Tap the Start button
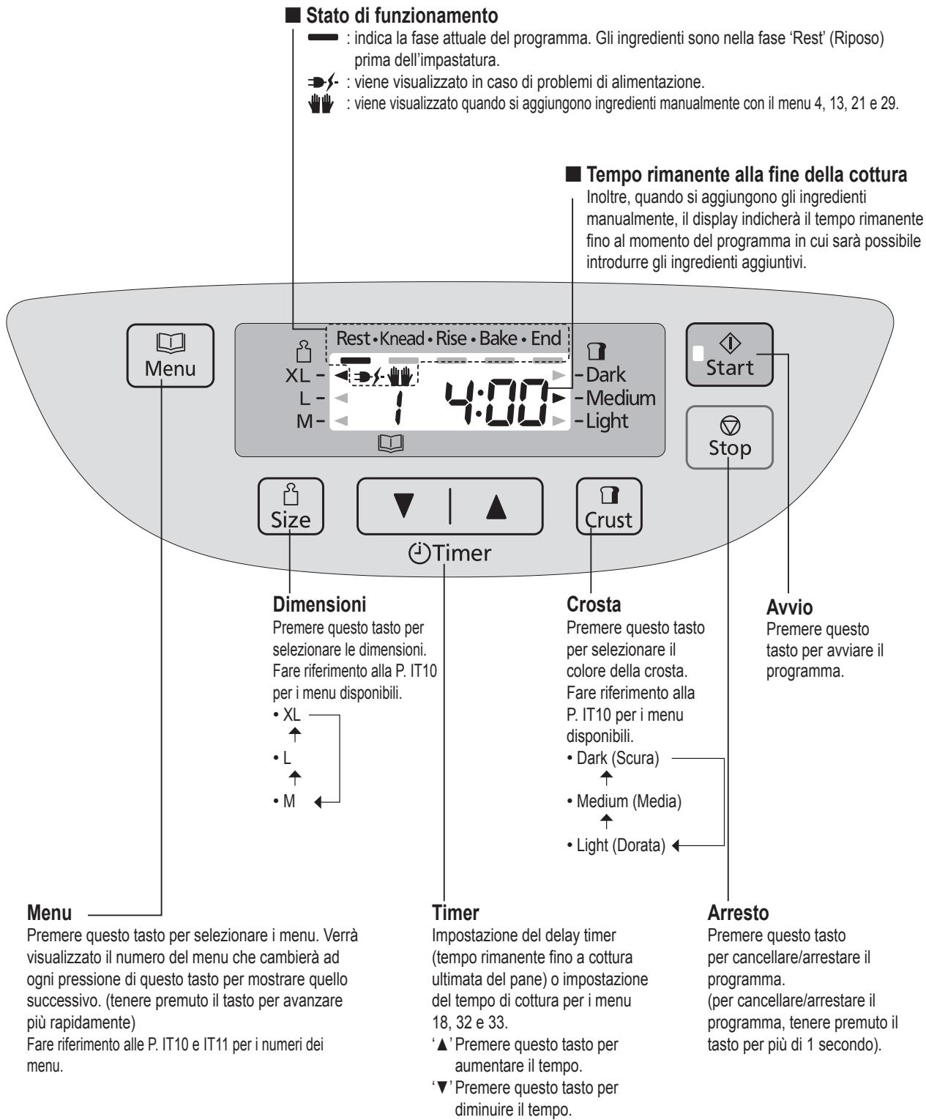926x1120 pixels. point(728,355)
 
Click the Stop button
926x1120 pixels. point(729,437)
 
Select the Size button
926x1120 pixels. point(291,506)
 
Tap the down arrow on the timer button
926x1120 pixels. point(403,506)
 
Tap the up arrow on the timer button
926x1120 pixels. point(496,506)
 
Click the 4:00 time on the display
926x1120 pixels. point(497,402)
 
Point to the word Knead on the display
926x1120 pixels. point(402,338)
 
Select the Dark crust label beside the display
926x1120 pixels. point(606,374)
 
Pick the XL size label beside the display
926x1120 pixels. point(298,376)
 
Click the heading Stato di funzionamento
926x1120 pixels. point(402,15)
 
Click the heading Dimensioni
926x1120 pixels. point(320,604)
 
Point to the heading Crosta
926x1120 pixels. point(594,604)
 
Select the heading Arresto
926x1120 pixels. point(738,913)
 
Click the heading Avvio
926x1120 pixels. point(789,607)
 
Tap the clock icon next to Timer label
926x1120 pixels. point(419,553)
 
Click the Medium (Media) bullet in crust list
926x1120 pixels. point(624,801)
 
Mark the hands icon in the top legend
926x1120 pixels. point(321,103)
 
